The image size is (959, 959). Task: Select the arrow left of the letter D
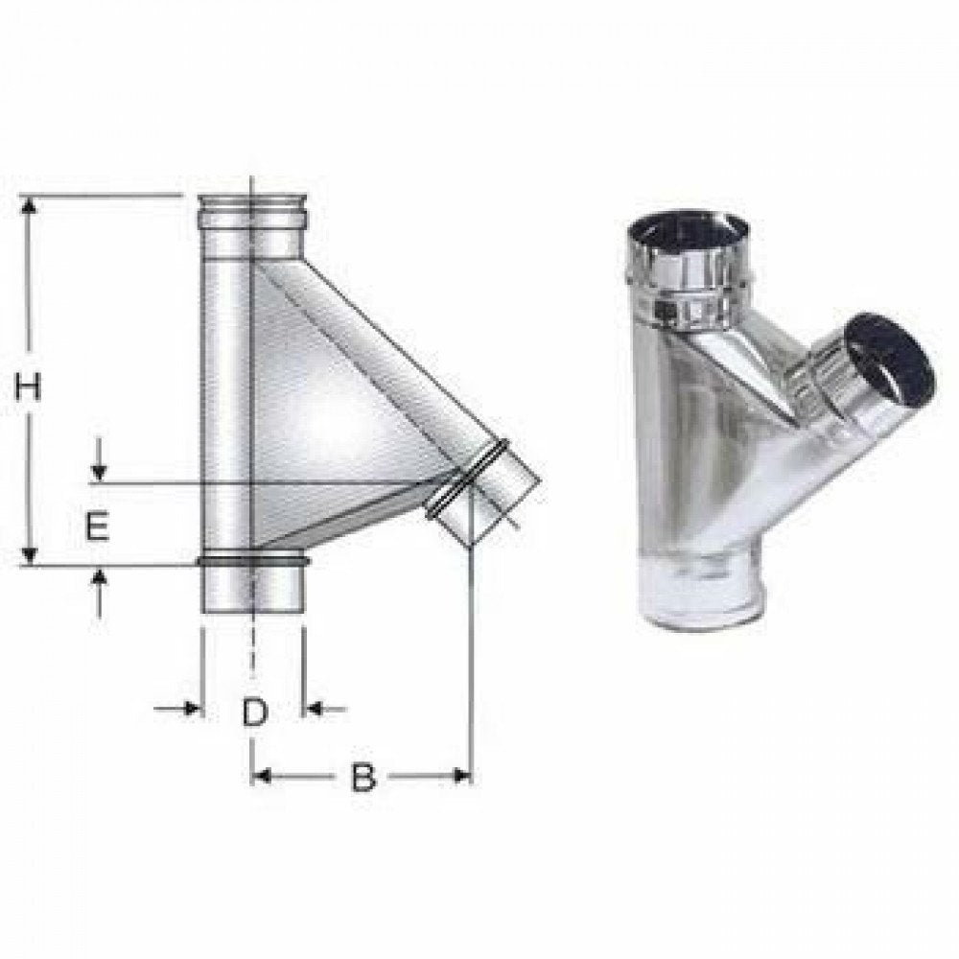190,710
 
